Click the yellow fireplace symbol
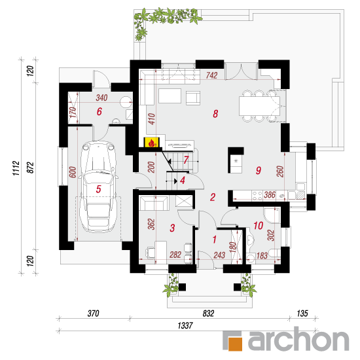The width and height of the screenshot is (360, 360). (151, 142)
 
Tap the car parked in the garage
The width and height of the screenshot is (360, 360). (98, 187)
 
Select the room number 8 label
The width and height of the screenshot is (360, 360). (215, 114)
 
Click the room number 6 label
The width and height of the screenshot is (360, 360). (99, 111)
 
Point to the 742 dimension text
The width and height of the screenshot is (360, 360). (211, 75)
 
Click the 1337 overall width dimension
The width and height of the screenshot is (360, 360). (185, 325)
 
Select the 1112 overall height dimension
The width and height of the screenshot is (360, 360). (16, 168)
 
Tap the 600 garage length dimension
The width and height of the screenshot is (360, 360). (72, 172)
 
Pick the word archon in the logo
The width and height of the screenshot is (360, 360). (298, 339)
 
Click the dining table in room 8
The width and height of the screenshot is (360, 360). (259, 106)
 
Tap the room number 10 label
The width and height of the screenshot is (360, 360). (259, 226)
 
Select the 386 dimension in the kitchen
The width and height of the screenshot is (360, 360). (269, 195)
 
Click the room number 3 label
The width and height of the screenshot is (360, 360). (172, 228)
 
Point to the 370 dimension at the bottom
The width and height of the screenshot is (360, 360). (93, 314)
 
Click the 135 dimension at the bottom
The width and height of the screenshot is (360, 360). (302, 314)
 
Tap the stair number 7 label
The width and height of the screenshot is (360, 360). (186, 160)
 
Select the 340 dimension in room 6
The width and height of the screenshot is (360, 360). (101, 98)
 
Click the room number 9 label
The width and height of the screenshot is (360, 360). (259, 170)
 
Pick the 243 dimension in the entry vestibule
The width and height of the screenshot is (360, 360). (219, 255)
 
